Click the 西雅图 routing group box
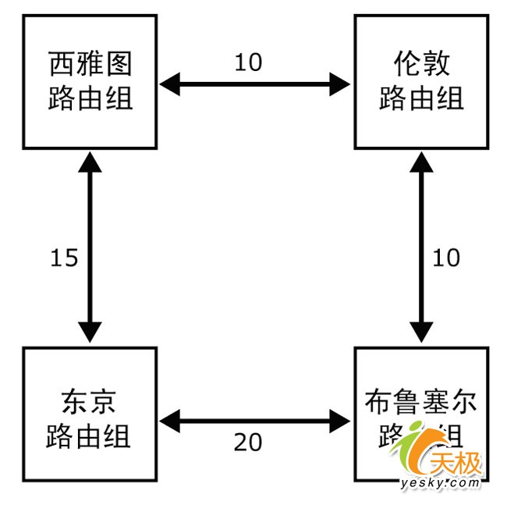(x=90, y=81)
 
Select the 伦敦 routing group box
(x=421, y=81)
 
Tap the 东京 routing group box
(x=90, y=414)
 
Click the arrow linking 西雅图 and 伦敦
(x=255, y=84)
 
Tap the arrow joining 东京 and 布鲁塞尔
(x=255, y=421)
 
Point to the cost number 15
(x=64, y=258)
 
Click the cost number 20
(x=248, y=443)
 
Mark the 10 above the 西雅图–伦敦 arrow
(x=248, y=62)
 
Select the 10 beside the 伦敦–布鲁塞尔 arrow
(x=446, y=258)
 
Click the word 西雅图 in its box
(x=90, y=62)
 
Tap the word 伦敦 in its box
(x=421, y=62)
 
